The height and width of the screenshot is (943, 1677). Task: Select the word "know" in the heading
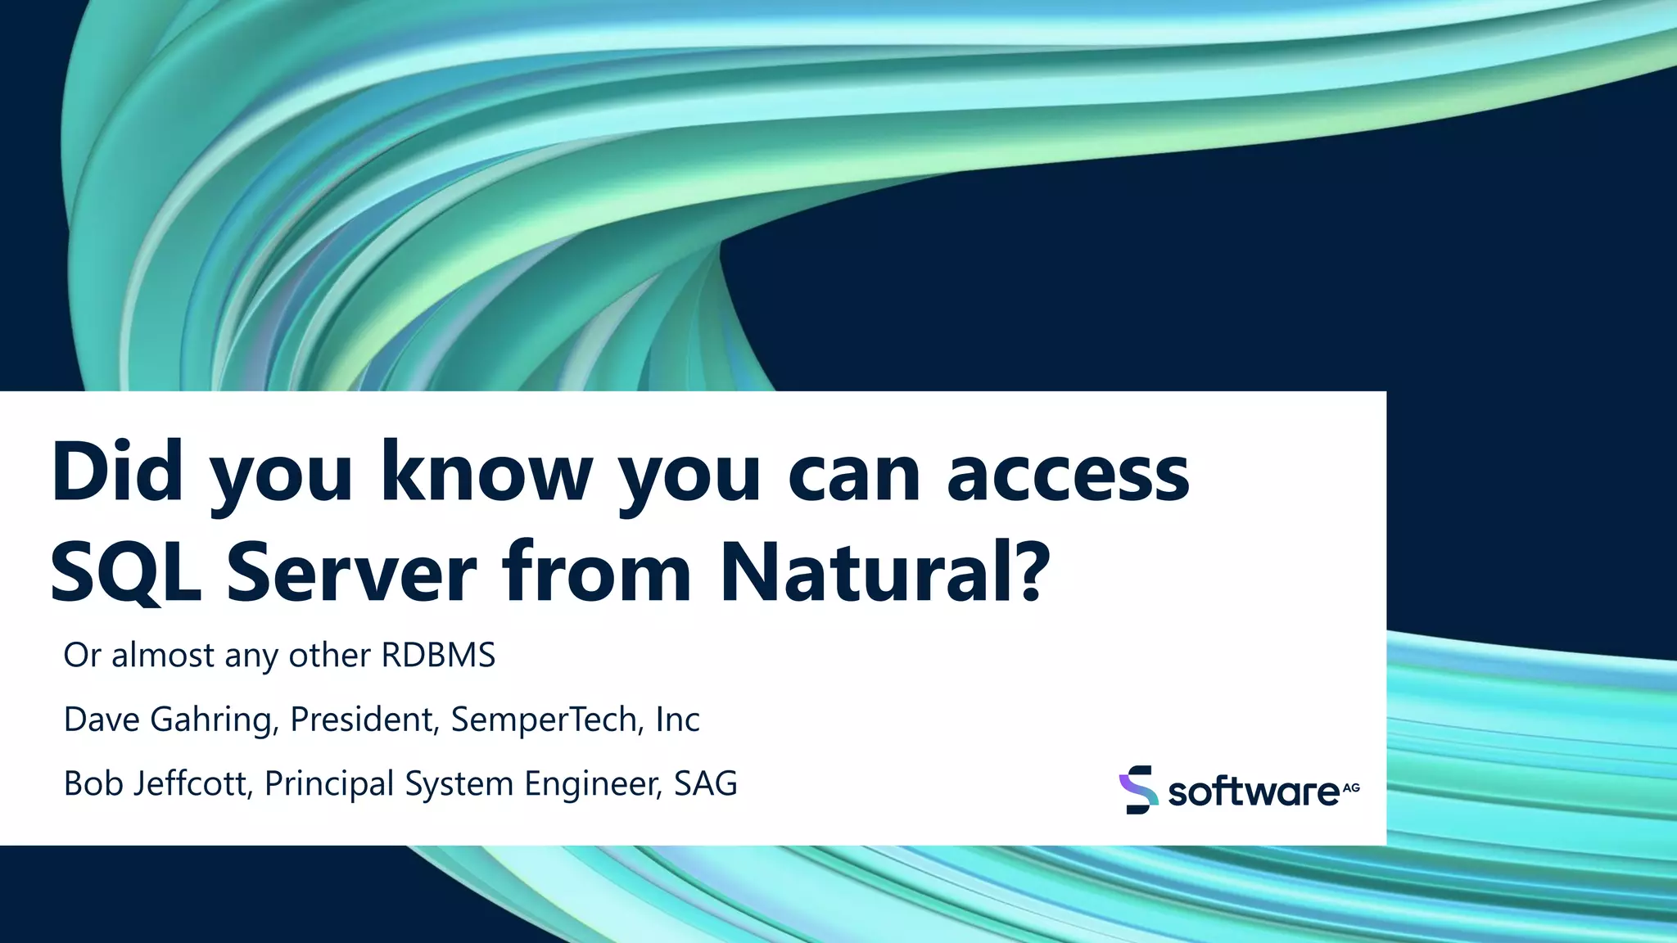486,472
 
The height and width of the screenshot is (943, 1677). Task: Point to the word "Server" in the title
352,571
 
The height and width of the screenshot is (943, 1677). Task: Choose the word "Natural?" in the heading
884,571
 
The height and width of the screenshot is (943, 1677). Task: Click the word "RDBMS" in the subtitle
438,656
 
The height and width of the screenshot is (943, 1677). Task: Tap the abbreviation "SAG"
706,783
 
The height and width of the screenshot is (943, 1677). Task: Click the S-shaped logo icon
1138,790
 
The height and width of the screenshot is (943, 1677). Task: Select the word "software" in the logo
1253,792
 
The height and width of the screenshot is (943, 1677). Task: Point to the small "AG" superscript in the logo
1351,787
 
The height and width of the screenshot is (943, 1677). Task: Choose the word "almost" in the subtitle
163,656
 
